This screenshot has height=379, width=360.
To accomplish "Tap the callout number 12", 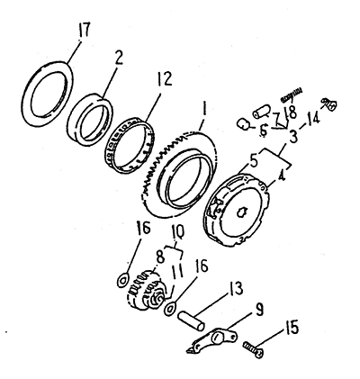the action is click(x=164, y=79).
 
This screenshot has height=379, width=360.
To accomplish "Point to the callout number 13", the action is click(x=235, y=289).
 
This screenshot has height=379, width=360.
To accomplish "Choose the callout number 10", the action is click(x=178, y=232).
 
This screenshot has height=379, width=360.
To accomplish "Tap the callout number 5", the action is click(x=253, y=161).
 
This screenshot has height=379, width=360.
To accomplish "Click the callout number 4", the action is click(x=281, y=176).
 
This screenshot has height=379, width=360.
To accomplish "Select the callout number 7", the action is click(x=275, y=116).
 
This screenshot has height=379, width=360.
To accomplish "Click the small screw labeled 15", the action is click(x=254, y=350).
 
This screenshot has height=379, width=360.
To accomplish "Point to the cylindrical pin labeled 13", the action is click(x=191, y=321).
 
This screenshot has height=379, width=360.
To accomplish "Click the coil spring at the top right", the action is click(x=292, y=94).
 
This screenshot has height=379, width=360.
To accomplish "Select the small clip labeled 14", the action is click(x=329, y=104).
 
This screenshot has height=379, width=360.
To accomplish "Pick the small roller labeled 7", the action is click(x=262, y=112).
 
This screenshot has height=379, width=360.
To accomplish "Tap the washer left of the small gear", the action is click(x=123, y=279).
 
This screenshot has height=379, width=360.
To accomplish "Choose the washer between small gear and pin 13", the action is click(x=170, y=309).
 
